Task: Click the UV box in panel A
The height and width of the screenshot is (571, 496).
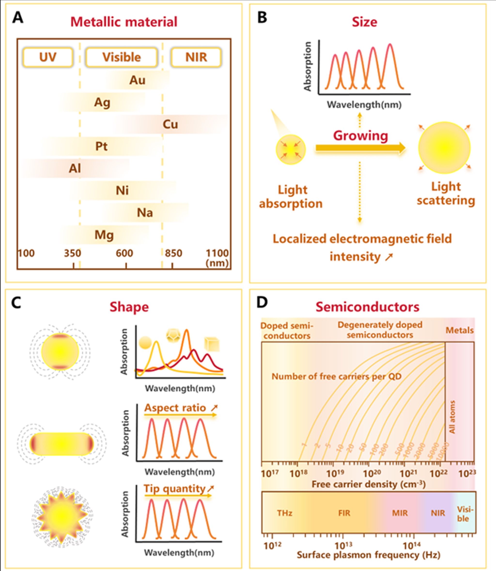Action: (48, 57)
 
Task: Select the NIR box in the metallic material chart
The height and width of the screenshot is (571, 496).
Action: (196, 57)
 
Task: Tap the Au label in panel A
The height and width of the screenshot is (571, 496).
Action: (137, 80)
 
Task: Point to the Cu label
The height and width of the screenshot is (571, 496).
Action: (170, 124)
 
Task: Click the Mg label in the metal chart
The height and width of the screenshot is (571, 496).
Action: (104, 235)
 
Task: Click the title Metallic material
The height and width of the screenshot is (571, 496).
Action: (124, 22)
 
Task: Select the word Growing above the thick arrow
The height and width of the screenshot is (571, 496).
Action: (360, 136)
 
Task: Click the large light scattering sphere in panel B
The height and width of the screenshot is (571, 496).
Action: (444, 148)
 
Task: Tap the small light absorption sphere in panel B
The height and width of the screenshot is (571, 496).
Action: (291, 149)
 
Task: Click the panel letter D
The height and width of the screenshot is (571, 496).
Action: (262, 302)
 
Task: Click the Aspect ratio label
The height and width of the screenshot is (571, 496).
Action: (175, 408)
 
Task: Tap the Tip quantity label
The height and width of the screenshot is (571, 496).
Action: (174, 488)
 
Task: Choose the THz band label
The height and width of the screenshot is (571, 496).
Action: (285, 513)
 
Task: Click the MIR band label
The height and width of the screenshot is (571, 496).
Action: (400, 513)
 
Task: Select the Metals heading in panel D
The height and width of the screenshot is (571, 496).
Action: (459, 330)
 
